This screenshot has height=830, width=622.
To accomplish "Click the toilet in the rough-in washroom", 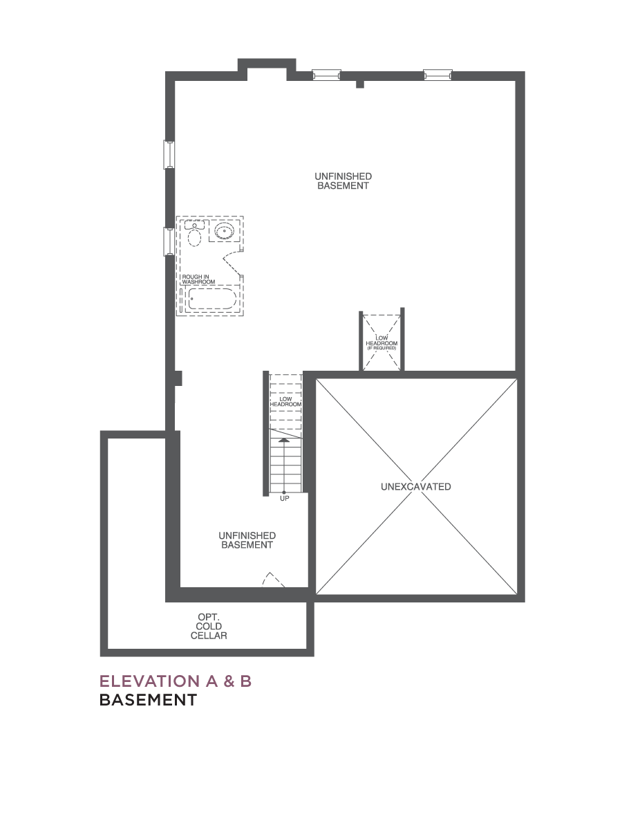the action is point(194,234).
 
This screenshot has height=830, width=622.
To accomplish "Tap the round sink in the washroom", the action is point(225,230).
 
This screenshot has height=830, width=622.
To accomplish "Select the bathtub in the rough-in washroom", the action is point(212,299).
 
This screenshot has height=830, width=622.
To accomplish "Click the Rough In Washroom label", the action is point(198,279).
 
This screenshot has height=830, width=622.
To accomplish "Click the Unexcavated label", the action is point(416,487).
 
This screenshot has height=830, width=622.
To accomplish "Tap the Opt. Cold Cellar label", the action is point(209,627).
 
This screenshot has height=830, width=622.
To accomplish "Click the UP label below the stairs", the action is point(284,499).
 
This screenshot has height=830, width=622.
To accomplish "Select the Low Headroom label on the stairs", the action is point(285,402).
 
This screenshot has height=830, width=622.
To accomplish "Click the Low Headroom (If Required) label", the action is point(381,342).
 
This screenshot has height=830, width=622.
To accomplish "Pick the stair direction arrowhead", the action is point(284,440).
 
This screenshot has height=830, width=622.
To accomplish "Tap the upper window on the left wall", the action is point(169,155).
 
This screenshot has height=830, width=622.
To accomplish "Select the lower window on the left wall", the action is point(169,241).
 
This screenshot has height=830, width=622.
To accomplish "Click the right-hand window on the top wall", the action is point(437,75).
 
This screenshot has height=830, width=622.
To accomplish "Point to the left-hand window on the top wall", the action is point(327,75).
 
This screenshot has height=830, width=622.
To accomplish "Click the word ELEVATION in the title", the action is point(149,681).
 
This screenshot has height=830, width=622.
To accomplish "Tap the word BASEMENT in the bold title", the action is point(148,700).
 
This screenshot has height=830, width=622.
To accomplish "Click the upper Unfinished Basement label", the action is point(343,181).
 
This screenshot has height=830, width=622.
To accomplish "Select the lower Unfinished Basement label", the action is point(247,540).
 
